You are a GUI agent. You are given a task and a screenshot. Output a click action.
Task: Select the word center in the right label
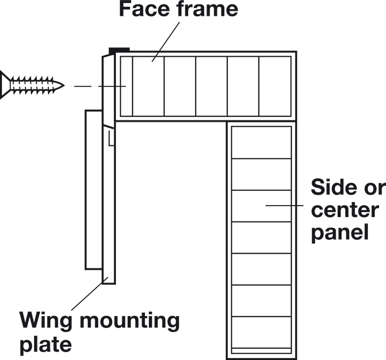pyautogui.click(x=345, y=210)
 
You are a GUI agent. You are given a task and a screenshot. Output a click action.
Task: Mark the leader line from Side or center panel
pyautogui.click(x=284, y=205)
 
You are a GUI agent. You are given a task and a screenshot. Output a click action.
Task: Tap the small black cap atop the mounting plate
pyautogui.click(x=119, y=50)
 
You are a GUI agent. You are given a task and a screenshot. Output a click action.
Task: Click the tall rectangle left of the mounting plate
pyautogui.click(x=93, y=190)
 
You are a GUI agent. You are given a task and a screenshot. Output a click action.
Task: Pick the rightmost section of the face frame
pyautogui.click(x=275, y=86)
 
